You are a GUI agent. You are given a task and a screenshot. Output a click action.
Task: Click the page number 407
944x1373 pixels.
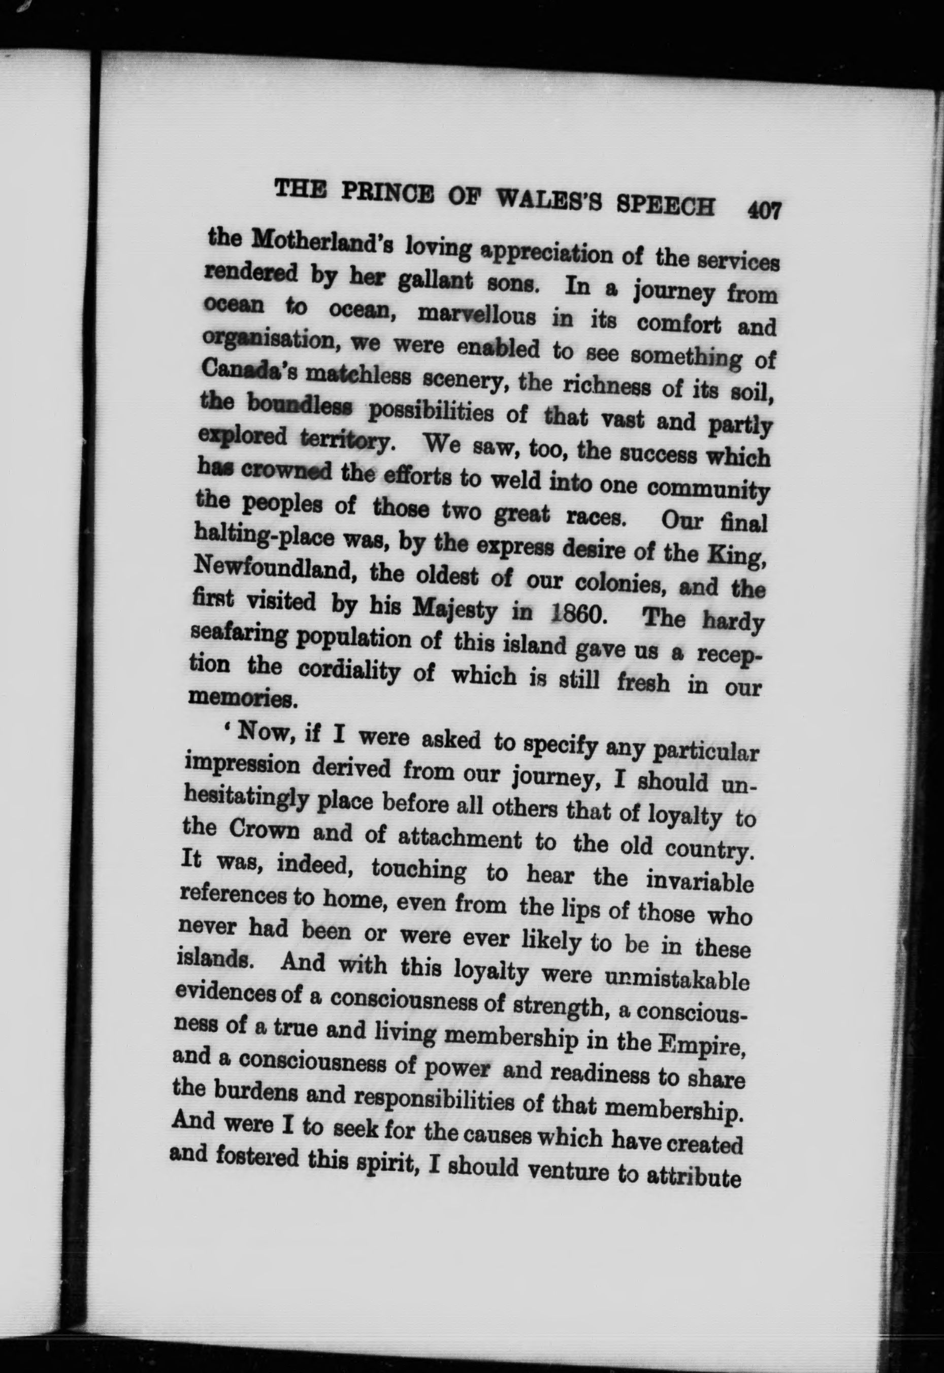[764, 210]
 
